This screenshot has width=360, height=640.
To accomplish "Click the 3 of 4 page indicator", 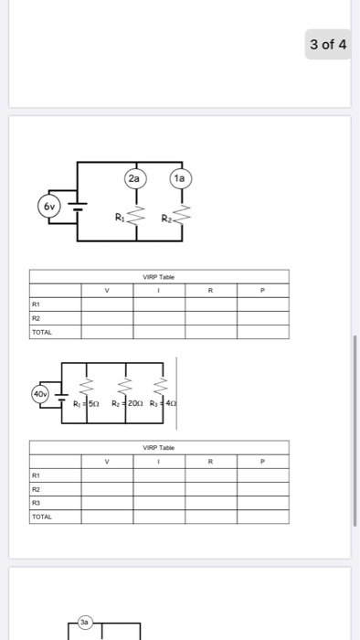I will tap(328, 45).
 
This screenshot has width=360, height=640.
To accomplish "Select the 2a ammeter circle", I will tap(133, 179).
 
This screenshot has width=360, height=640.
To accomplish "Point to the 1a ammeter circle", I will tap(178, 179).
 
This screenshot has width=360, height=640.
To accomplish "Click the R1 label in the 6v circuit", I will tap(119, 218).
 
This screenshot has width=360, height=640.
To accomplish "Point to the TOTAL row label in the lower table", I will tap(42, 517).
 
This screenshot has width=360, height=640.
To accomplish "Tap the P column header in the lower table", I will tap(262, 463).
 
